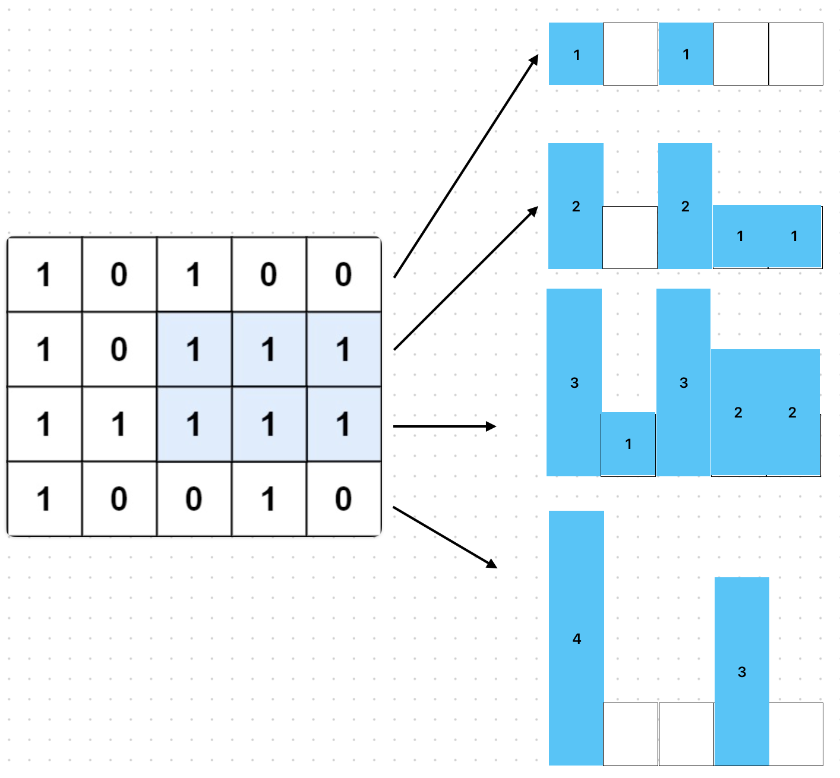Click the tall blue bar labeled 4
coord(576,638)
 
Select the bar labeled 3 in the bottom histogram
coord(741,671)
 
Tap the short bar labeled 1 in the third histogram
coord(628,444)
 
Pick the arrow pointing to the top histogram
coord(466,166)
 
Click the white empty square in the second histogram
coord(630,238)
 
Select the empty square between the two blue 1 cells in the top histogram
coord(630,54)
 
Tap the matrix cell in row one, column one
coord(44,275)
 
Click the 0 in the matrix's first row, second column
coord(119,275)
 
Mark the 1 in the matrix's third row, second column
coord(119,425)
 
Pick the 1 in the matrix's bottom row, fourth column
coord(269,499)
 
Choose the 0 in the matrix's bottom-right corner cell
coord(343,499)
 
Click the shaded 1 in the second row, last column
coord(343,350)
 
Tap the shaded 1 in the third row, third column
coord(194,425)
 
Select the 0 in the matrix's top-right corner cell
coord(343,275)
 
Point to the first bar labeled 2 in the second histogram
coord(576,206)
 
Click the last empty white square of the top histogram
coord(795,54)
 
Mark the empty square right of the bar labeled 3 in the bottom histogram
coord(796,734)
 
